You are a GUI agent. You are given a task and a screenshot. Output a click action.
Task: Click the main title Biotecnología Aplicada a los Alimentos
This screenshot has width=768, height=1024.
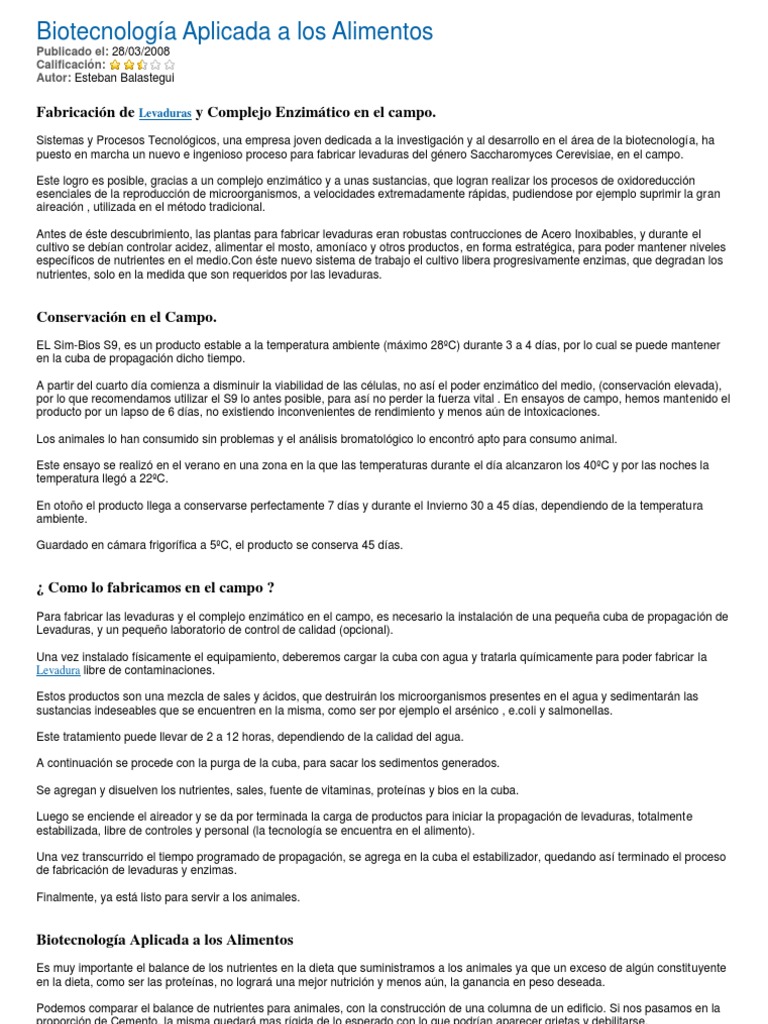[x=235, y=32]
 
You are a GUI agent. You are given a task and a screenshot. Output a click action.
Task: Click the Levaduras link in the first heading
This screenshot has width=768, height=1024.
[x=165, y=114]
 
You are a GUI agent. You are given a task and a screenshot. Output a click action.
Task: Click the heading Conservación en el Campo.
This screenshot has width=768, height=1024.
[x=126, y=317]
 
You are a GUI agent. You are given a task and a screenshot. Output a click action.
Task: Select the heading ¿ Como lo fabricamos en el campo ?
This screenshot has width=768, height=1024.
[x=155, y=587]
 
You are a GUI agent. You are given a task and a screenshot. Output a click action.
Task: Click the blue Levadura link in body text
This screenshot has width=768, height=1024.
[x=58, y=670]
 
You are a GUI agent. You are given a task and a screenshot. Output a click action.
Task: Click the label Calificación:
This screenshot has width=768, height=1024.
[x=71, y=65]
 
